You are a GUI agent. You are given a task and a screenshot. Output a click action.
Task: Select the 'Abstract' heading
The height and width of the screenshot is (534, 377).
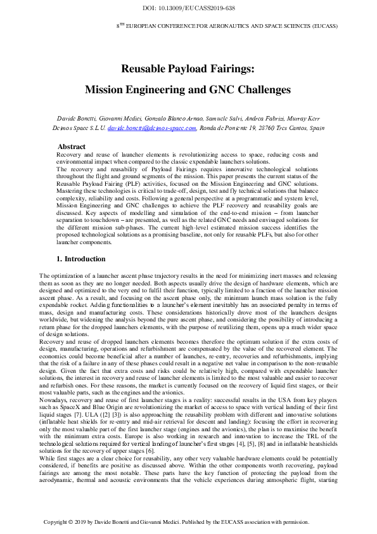(71, 147)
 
